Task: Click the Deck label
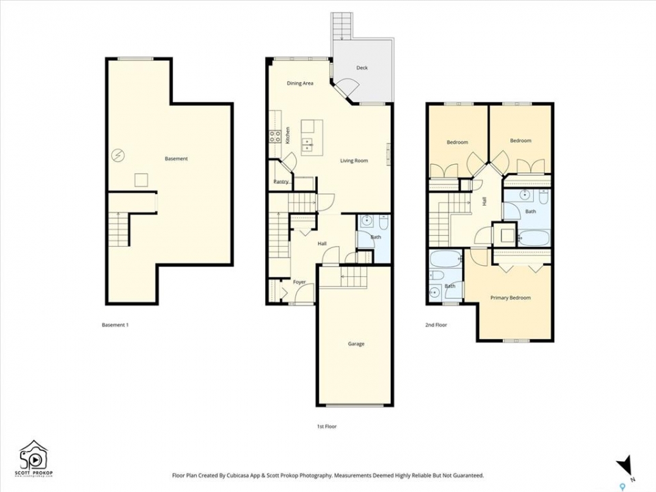pyautogui.click(x=362, y=68)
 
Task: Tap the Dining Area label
pyautogui.click(x=300, y=83)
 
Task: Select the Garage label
pyautogui.click(x=356, y=344)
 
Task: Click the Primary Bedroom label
pyautogui.click(x=510, y=298)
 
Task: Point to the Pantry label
pyautogui.click(x=281, y=182)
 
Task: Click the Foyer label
pyautogui.click(x=299, y=282)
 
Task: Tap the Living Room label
pyautogui.click(x=354, y=161)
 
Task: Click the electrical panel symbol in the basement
pyautogui.click(x=118, y=156)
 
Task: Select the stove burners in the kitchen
pyautogui.click(x=275, y=137)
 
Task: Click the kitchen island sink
pyautogui.click(x=308, y=144)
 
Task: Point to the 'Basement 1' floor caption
pyautogui.click(x=115, y=325)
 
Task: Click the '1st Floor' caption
pyautogui.click(x=327, y=426)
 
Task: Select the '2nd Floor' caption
pyautogui.click(x=436, y=325)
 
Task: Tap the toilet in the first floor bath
pyautogui.click(x=383, y=221)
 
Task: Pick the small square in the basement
pyautogui.click(x=141, y=180)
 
